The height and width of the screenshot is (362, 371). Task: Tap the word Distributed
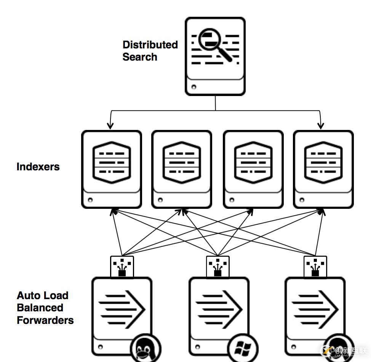pyautogui.click(x=150, y=45)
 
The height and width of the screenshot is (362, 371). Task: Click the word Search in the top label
pyautogui.click(x=140, y=57)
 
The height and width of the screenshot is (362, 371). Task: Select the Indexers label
pyautogui.click(x=38, y=167)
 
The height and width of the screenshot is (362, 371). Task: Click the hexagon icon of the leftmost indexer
pyautogui.click(x=112, y=163)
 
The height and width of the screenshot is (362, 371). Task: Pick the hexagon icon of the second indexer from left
pyautogui.click(x=181, y=163)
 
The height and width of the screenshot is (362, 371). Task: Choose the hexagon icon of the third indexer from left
pyautogui.click(x=253, y=163)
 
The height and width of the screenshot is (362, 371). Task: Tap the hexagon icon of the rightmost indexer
pyautogui.click(x=323, y=163)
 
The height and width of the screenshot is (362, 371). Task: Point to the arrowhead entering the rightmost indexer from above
pyautogui.click(x=321, y=126)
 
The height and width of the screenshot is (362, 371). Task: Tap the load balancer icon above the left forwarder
pyautogui.click(x=122, y=266)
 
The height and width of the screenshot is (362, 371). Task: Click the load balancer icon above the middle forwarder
pyautogui.click(x=218, y=266)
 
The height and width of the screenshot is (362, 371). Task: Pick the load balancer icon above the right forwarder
pyautogui.click(x=315, y=266)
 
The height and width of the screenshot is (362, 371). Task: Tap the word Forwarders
pyautogui.click(x=45, y=320)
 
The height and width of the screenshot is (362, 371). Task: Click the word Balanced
pyautogui.click(x=40, y=308)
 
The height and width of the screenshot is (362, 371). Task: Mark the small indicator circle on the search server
pyautogui.click(x=194, y=87)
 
